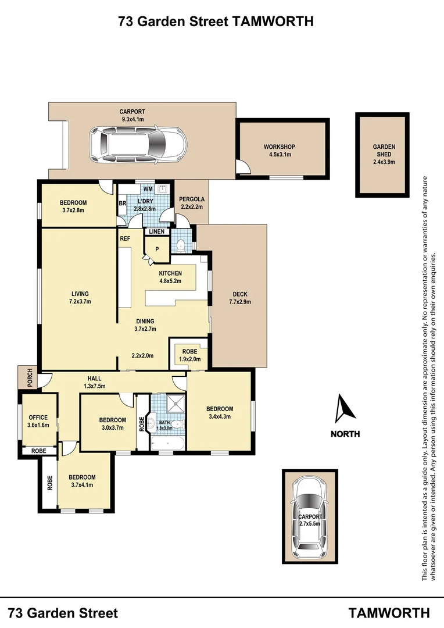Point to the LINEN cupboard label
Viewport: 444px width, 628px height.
point(157,232)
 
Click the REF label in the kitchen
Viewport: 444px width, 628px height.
point(124,239)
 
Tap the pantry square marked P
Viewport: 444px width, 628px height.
point(156,249)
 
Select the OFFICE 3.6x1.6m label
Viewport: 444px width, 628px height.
point(39,421)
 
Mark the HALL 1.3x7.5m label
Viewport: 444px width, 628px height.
point(94,381)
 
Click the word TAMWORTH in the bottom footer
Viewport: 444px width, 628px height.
point(389,612)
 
